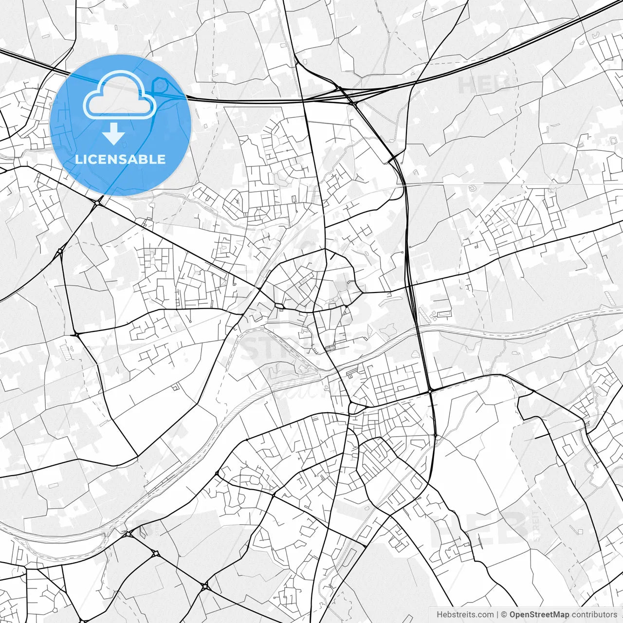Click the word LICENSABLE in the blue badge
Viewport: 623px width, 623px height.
click(120, 159)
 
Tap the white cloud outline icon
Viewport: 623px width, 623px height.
click(120, 95)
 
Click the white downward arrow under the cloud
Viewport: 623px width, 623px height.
click(114, 134)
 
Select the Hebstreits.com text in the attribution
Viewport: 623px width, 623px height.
click(465, 615)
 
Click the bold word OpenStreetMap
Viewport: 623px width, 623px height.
click(539, 615)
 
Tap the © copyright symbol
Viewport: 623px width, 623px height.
click(504, 615)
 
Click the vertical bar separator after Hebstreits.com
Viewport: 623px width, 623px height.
click(497, 615)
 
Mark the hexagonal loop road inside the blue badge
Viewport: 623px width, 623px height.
click(159, 87)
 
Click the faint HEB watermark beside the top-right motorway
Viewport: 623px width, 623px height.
click(484, 84)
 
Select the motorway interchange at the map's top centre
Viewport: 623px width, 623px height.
click(341, 92)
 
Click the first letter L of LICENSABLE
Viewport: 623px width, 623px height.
click(78, 159)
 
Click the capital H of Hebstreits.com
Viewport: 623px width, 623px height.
click(440, 615)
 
